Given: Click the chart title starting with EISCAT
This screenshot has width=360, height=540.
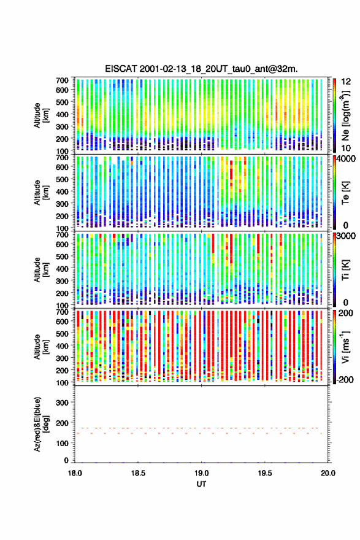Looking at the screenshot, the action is (201, 69).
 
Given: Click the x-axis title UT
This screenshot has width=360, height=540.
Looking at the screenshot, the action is (201, 484).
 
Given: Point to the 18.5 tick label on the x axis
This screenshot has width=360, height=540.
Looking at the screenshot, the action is (138, 473).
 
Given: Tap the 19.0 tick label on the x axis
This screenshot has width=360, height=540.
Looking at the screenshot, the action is (201, 473).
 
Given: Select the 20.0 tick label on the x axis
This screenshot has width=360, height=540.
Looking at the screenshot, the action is (328, 473).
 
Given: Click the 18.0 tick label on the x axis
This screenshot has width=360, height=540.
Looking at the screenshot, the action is (75, 473).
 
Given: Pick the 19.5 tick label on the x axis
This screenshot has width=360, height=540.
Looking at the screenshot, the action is (265, 473).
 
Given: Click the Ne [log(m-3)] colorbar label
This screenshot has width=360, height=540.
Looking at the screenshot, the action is (345, 115).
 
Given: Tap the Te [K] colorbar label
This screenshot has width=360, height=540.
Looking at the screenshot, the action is (345, 193).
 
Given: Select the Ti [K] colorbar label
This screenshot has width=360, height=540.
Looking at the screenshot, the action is (345, 269).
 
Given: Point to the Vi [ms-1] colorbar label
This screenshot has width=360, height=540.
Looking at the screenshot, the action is (345, 347).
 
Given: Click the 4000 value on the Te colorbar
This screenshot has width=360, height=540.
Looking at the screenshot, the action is (347, 159).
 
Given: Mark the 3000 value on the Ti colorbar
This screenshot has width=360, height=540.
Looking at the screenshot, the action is (347, 236).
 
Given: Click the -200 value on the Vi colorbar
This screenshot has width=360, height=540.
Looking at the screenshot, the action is (345, 379).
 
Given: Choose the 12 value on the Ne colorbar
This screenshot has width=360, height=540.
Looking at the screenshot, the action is (347, 82).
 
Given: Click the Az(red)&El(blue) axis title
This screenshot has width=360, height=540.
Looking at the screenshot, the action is (41, 424).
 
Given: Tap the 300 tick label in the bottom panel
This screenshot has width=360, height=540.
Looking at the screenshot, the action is (63, 403).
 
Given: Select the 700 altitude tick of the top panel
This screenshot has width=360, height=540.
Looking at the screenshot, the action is (63, 80).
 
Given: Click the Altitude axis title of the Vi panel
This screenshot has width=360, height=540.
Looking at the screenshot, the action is (41, 347).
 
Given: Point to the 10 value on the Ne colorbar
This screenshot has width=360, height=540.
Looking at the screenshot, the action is (347, 148).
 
